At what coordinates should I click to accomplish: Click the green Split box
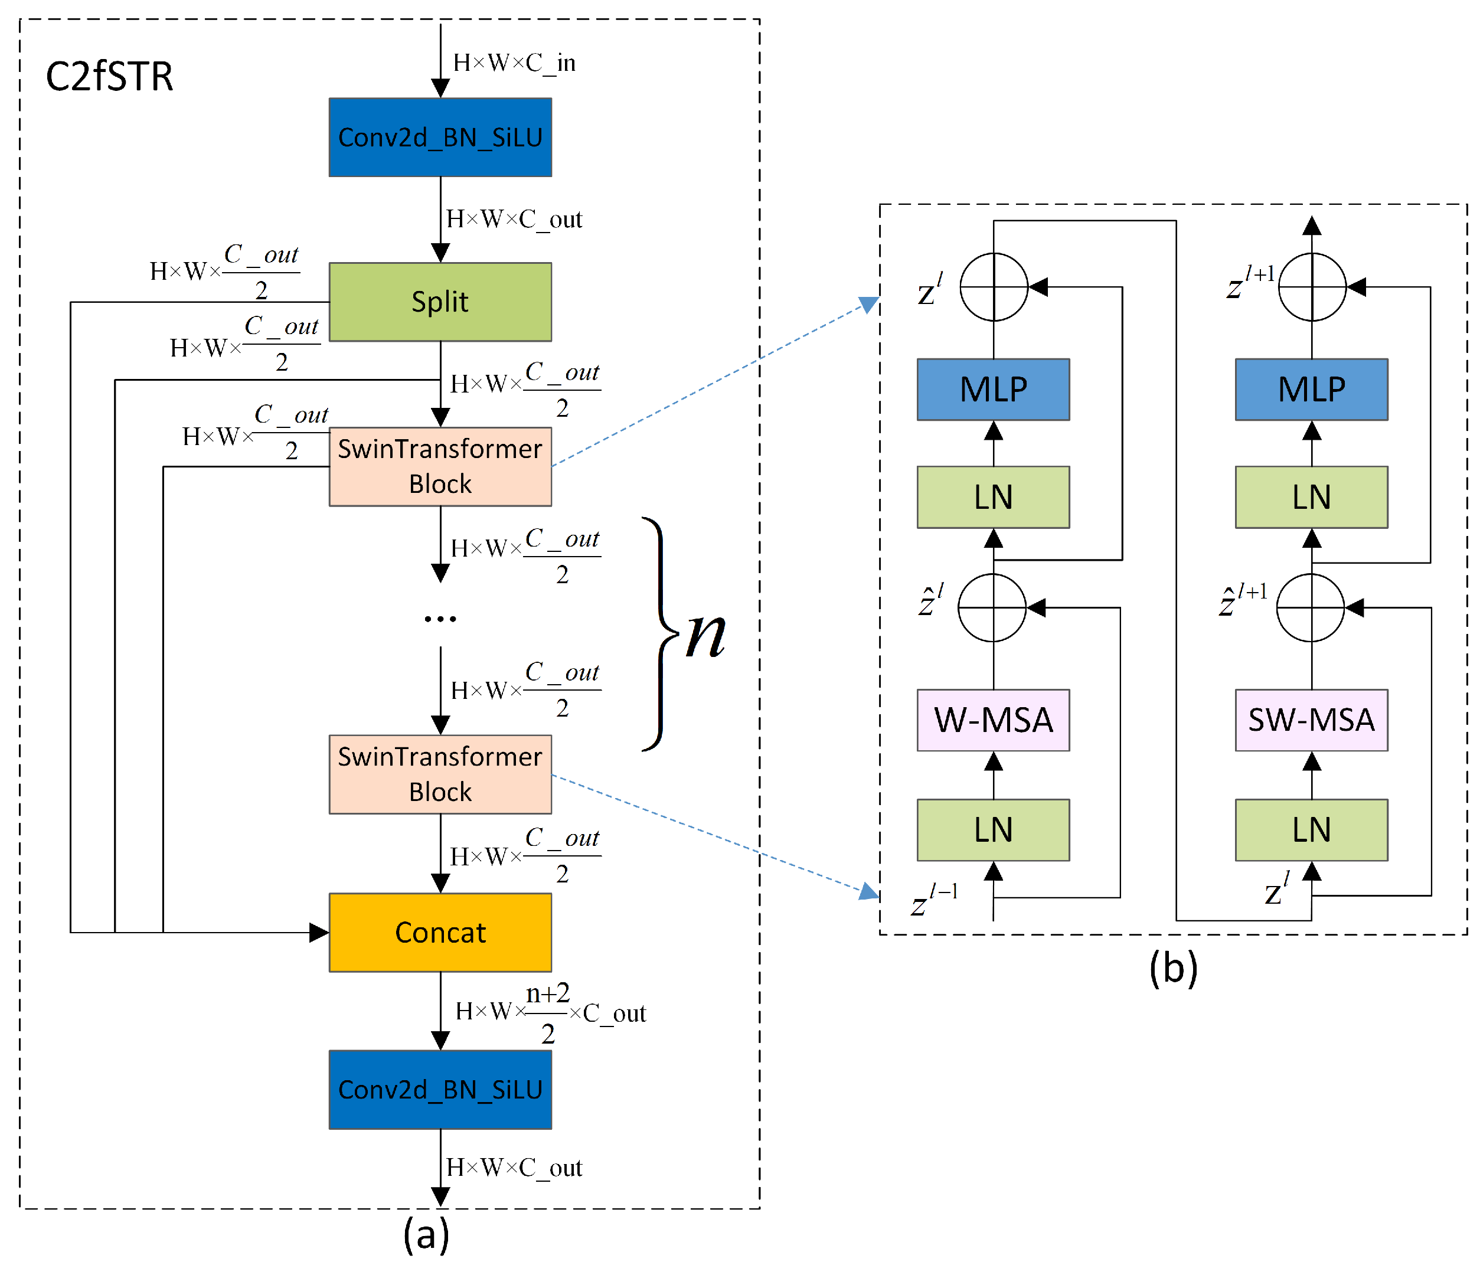[x=440, y=302]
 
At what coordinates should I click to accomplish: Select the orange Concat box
[x=440, y=932]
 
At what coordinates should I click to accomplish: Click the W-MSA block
[x=993, y=720]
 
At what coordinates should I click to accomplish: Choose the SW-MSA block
[x=1311, y=720]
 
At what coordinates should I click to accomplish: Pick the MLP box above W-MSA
[x=993, y=389]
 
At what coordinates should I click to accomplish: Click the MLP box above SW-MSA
[x=1311, y=389]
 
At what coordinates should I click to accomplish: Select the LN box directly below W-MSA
[x=993, y=829]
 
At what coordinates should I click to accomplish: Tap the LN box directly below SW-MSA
[x=1311, y=829]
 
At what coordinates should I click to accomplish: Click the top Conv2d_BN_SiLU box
[x=440, y=137]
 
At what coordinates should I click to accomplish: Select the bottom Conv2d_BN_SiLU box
[x=440, y=1089]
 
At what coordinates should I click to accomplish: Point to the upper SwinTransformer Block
[x=440, y=466]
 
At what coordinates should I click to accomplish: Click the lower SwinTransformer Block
[x=440, y=774]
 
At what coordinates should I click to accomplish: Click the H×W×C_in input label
[x=514, y=63]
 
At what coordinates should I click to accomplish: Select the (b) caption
[x=1173, y=968]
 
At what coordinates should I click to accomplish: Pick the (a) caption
[x=426, y=1234]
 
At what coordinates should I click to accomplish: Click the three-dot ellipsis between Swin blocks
[x=440, y=619]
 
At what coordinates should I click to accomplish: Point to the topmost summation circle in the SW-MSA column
[x=1311, y=287]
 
